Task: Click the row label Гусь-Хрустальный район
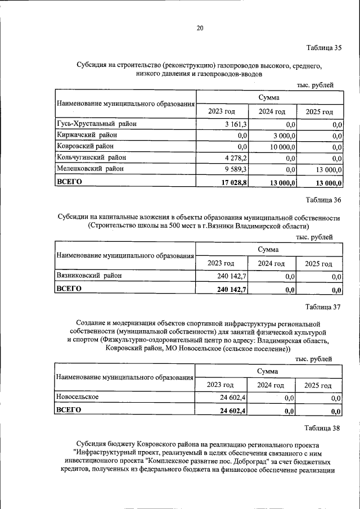click(96, 124)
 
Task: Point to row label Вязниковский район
click(88, 276)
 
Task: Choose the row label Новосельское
click(78, 397)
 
